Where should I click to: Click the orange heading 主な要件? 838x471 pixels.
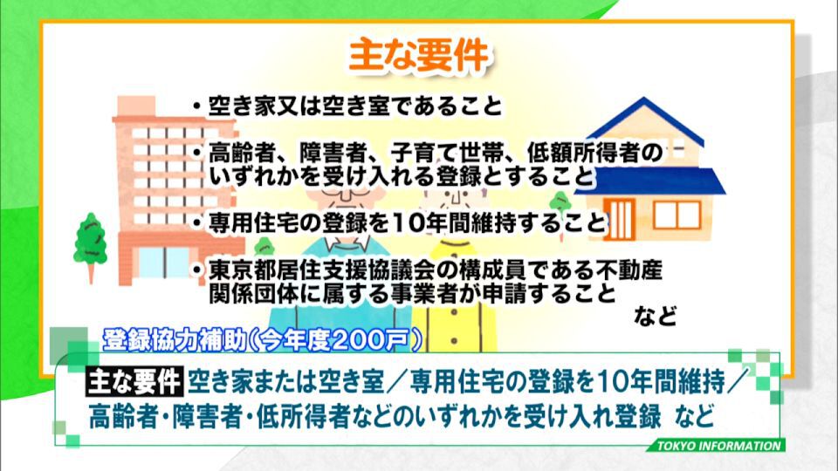click(x=418, y=55)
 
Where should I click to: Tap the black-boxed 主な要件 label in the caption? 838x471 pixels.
click(x=134, y=381)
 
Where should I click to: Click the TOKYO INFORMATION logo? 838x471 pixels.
click(x=718, y=446)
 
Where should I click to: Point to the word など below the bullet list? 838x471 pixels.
click(x=656, y=316)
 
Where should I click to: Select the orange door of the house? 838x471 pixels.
click(x=619, y=220)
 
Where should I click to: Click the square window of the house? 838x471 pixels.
click(x=677, y=215)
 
